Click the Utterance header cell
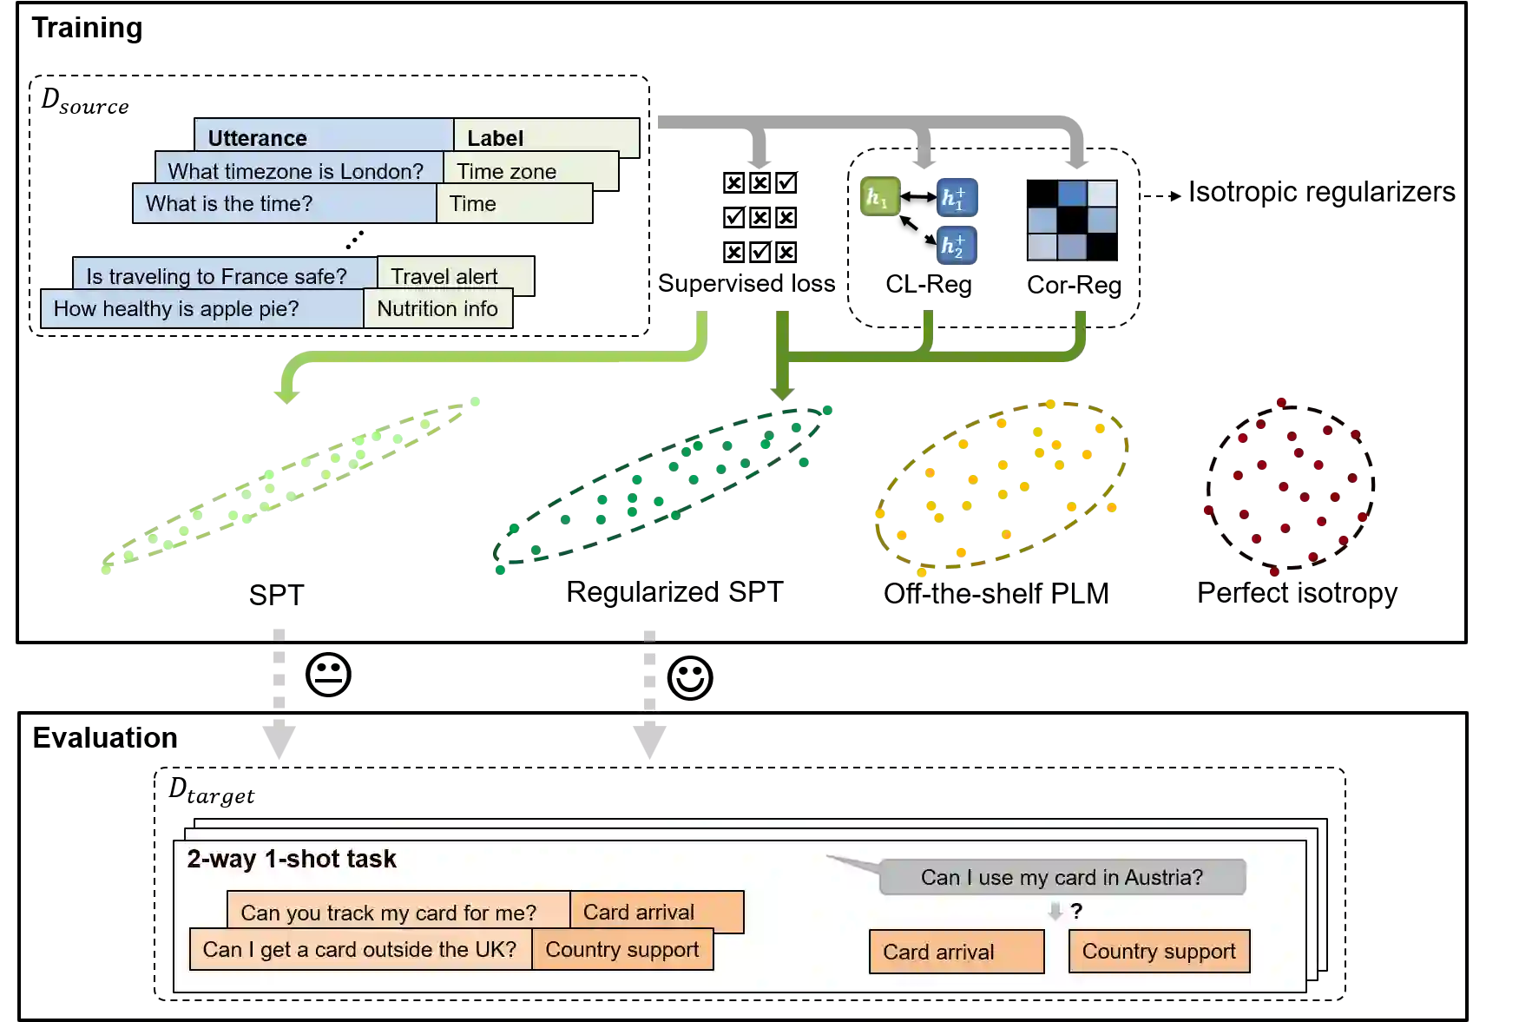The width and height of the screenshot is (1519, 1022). tap(323, 137)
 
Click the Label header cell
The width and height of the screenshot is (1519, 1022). tap(545, 137)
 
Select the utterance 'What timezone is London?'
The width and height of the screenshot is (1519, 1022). tap(297, 170)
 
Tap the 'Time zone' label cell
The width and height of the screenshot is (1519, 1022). tap(529, 171)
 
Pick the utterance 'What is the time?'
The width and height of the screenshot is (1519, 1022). tap(285, 204)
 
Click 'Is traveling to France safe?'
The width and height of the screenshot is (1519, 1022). tap(224, 275)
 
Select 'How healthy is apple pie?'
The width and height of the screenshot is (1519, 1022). tap(201, 309)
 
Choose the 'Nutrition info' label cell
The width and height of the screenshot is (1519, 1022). tap(437, 309)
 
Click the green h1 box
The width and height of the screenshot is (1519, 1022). tap(878, 198)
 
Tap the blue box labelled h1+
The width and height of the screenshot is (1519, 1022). tap(955, 198)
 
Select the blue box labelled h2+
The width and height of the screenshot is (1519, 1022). tap(955, 247)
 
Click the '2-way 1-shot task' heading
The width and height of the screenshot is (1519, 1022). tap(292, 859)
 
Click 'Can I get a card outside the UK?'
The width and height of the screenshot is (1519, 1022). tap(360, 949)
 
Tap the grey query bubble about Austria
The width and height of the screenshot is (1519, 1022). tap(1062, 877)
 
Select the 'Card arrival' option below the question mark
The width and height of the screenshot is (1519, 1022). tap(956, 952)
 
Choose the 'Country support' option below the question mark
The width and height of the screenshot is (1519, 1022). tap(1159, 952)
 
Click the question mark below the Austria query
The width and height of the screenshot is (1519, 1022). tap(1076, 911)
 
